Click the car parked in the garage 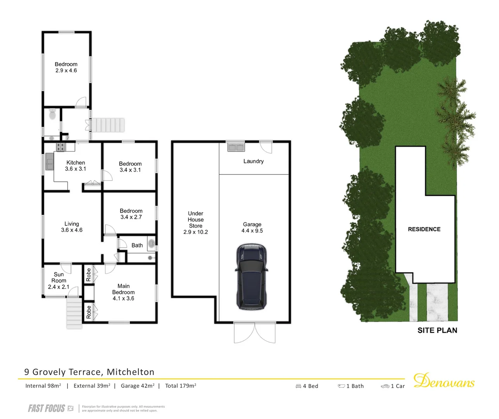tap(251, 277)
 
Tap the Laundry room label tap(253, 161)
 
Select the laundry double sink tap(235, 147)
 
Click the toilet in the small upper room tap(52, 115)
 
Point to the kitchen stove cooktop tap(60, 147)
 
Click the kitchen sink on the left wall tap(49, 162)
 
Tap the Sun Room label tap(59, 280)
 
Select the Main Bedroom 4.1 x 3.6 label tap(123, 292)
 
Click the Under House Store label tap(195, 223)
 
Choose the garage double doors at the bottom tap(255, 333)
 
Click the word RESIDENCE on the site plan tap(424, 229)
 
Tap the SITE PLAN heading tap(437, 331)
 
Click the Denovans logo tap(444, 381)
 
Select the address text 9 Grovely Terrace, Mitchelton tap(89, 372)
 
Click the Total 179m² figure tap(181, 386)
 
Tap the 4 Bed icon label tap(307, 386)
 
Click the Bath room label tap(137, 245)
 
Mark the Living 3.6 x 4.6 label tap(72, 227)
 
